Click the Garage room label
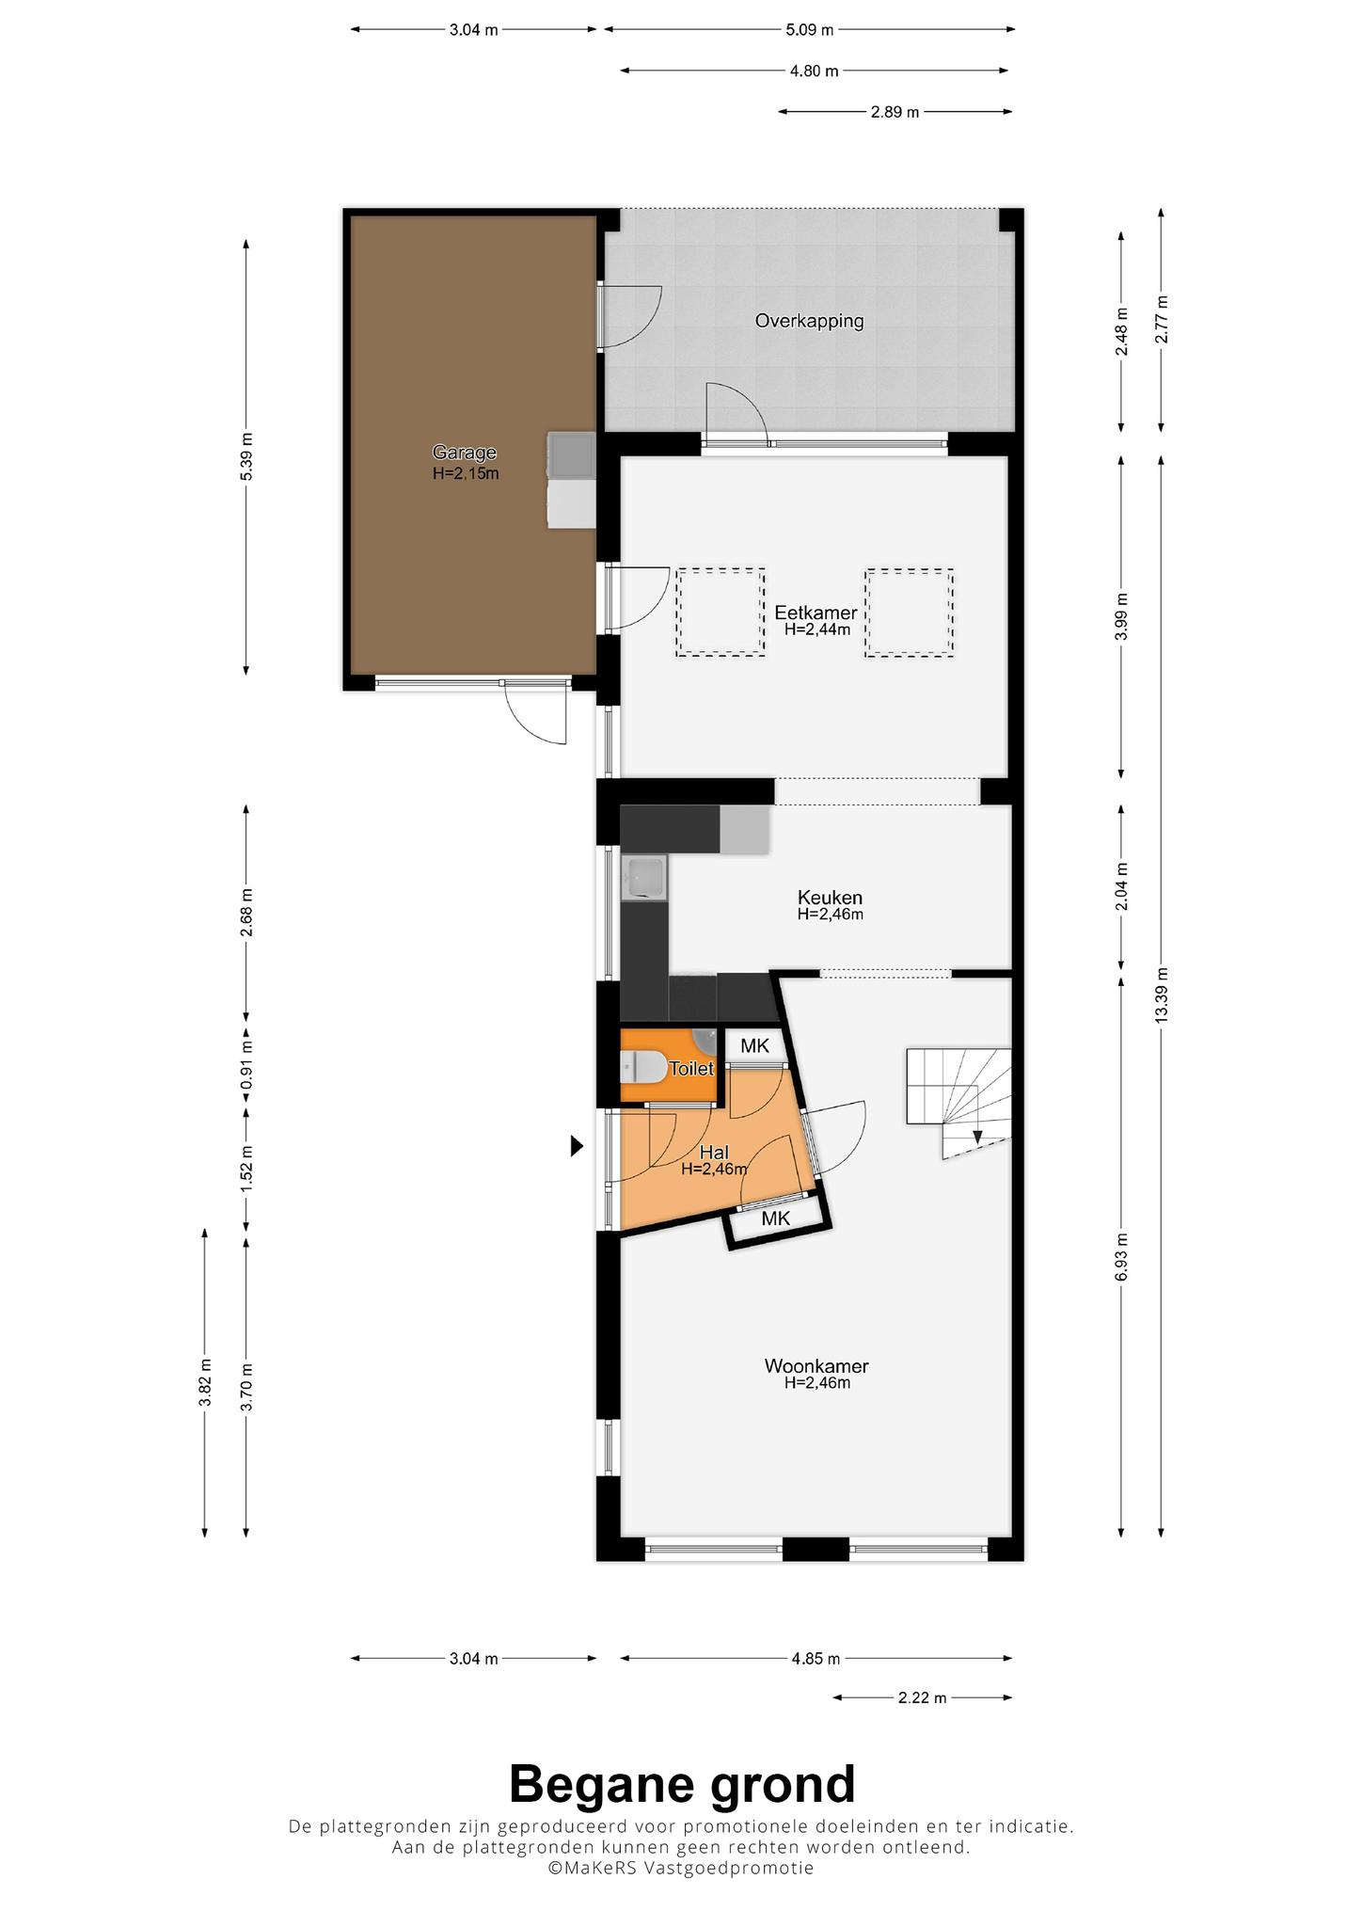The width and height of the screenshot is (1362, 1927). [465, 453]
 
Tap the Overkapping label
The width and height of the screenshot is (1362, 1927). [809, 321]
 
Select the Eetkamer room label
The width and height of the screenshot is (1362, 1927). [816, 613]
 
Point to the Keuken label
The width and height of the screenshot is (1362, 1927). [830, 897]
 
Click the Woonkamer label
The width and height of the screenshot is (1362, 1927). [816, 1365]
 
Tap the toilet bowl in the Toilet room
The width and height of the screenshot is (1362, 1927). [642, 1068]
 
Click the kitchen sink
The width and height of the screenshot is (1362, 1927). [643, 877]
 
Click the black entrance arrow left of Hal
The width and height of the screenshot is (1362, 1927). [578, 1146]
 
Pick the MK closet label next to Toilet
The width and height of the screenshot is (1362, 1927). [754, 1045]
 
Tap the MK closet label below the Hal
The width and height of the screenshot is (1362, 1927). [775, 1218]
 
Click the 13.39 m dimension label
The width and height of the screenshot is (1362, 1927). [1162, 995]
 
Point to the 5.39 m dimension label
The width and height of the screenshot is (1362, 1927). [246, 456]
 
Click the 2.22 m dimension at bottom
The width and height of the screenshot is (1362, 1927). [922, 1697]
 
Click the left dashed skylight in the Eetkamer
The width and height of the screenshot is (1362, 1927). [720, 612]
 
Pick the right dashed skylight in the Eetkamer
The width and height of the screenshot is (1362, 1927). [910, 612]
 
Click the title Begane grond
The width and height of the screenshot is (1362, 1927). [682, 1784]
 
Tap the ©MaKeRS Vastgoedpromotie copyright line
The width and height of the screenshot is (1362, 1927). [681, 1868]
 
